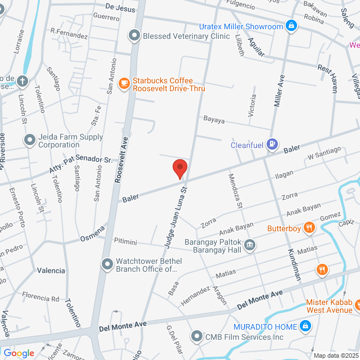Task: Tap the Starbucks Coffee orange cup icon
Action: click(x=124, y=84)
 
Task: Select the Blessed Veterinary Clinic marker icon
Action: click(x=134, y=36)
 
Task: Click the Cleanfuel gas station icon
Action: click(x=272, y=145)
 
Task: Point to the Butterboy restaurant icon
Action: click(x=309, y=228)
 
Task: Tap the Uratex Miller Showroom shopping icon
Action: click(x=291, y=26)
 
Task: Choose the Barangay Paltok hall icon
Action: click(x=249, y=244)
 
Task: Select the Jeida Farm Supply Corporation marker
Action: click(x=29, y=139)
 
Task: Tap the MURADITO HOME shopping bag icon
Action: click(x=305, y=326)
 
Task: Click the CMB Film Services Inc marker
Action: click(x=196, y=336)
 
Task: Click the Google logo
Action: click(x=19, y=353)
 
